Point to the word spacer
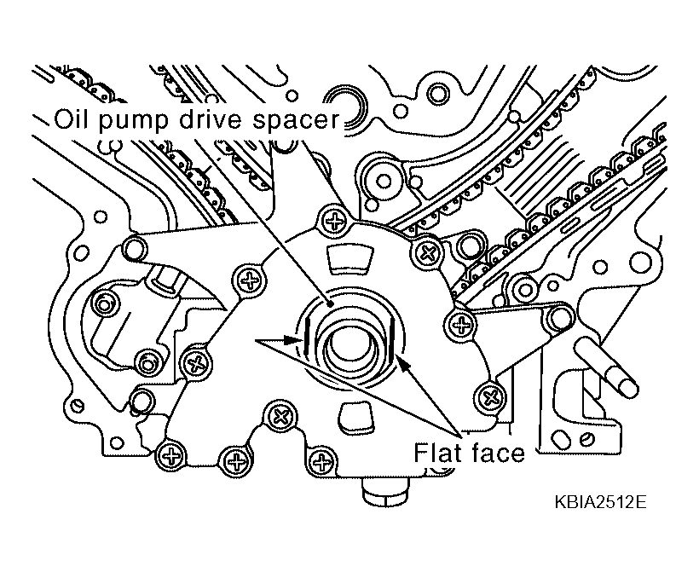[x=297, y=122]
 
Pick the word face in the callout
[x=498, y=453]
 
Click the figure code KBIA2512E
[x=600, y=502]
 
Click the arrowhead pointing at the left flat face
[x=293, y=340]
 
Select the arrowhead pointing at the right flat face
[x=402, y=363]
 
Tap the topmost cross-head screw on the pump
[x=334, y=221]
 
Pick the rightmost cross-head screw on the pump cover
[x=490, y=396]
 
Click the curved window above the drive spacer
[x=348, y=258]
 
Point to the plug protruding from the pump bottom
[x=384, y=492]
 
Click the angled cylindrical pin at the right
[x=607, y=366]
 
